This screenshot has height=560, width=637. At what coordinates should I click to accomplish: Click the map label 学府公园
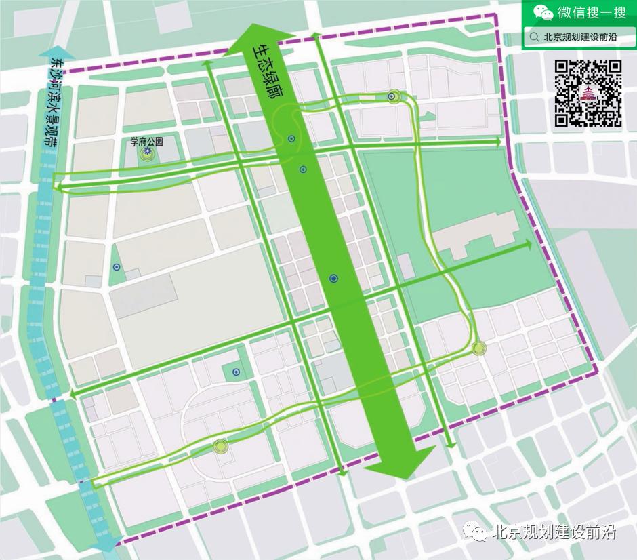tap(146, 142)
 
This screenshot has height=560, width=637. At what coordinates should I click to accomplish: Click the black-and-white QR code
tap(588, 94)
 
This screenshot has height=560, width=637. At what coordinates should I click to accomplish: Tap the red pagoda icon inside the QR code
tap(588, 94)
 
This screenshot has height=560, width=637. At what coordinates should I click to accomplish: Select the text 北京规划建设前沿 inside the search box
tap(580, 38)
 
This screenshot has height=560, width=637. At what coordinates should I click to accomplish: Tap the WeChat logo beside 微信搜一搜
tap(541, 12)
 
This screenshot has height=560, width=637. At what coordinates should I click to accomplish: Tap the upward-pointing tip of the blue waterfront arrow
tap(52, 53)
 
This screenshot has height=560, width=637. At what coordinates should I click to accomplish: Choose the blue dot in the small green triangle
tap(117, 267)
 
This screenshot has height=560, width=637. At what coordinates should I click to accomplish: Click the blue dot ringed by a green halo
tap(392, 97)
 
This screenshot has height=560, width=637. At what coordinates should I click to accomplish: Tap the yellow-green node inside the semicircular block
tap(219, 446)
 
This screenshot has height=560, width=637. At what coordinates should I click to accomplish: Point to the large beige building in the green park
tap(474, 235)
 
